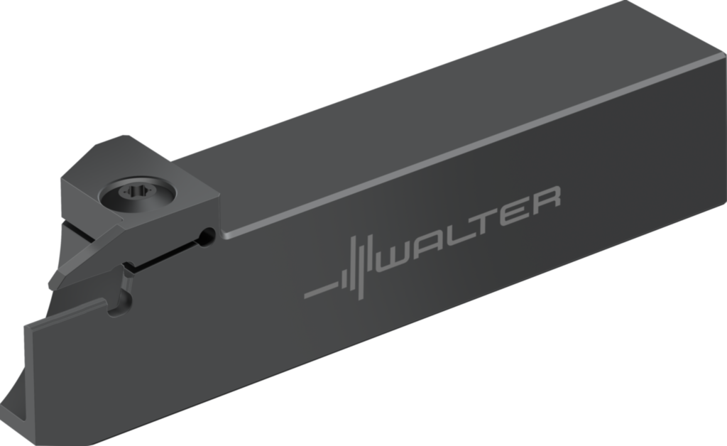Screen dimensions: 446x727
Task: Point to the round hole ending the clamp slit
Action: coord(207,236)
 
